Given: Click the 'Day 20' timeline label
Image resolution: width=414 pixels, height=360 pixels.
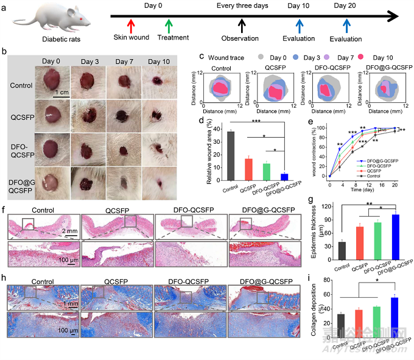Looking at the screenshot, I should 346,6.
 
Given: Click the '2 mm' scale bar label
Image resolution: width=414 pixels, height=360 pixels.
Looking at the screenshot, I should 71,214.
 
